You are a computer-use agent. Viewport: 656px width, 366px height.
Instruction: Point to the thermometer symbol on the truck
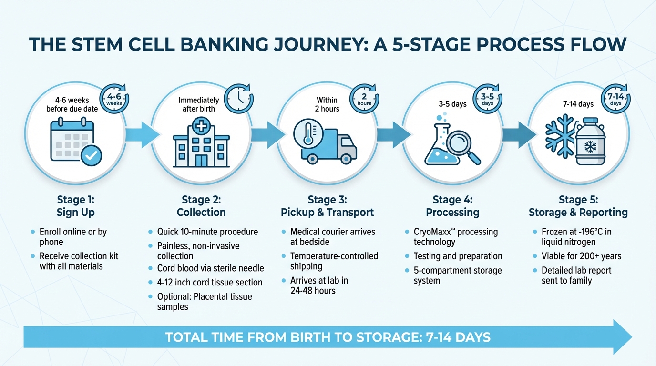[x=307, y=132]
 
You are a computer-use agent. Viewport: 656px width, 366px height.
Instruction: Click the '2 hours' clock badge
[x=364, y=99]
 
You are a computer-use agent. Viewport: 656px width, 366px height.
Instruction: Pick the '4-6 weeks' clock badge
[x=113, y=99]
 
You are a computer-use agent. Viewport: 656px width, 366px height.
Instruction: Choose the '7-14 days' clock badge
[x=615, y=99]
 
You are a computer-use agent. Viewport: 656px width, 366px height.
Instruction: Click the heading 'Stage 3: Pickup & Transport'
[x=327, y=206]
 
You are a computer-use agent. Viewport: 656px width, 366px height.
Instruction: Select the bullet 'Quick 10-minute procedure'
[x=207, y=232]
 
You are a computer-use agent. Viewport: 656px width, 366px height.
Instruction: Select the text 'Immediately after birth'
[x=199, y=104]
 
